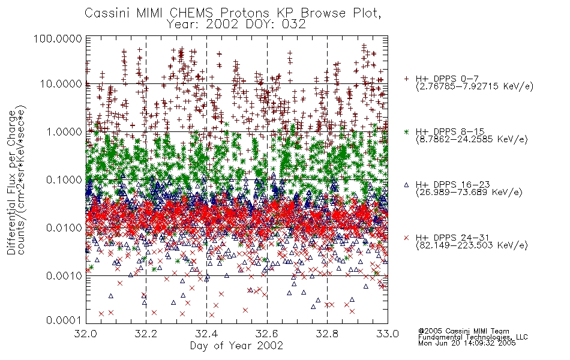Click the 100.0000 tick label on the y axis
pyautogui.click(x=58, y=38)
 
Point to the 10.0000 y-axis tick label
pyautogui.click(x=61, y=84)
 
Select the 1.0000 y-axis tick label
pyautogui.click(x=64, y=131)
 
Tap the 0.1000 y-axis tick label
pyautogui.click(x=64, y=179)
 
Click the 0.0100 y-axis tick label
pyautogui.click(x=64, y=227)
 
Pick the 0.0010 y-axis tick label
pyautogui.click(x=64, y=275)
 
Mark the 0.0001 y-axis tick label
pyautogui.click(x=64, y=320)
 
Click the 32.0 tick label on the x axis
pyautogui.click(x=86, y=334)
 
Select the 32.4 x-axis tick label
pyautogui.click(x=206, y=334)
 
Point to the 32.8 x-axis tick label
pyautogui.click(x=327, y=334)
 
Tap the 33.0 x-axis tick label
pyautogui.click(x=388, y=334)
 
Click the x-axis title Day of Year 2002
pyautogui.click(x=236, y=346)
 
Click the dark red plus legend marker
pyautogui.click(x=406, y=79)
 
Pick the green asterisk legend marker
pyautogui.click(x=406, y=131)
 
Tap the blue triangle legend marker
pyautogui.click(x=406, y=185)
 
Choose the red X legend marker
pyautogui.click(x=406, y=238)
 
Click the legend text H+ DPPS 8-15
pyautogui.click(x=450, y=131)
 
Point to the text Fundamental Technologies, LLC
pyautogui.click(x=473, y=337)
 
